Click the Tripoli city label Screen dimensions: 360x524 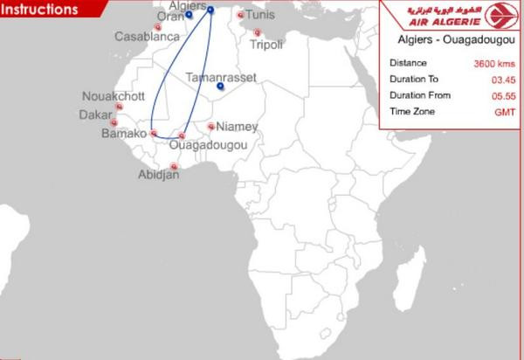pos(266,45)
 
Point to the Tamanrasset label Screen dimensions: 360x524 pos(222,77)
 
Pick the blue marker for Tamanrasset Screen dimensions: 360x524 pos(221,87)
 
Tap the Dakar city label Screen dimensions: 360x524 pos(96,114)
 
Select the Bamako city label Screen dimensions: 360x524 pos(123,134)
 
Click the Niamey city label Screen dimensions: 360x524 pos(237,127)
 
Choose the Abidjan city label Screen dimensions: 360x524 pos(158,175)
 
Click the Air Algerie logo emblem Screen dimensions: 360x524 pos(498,17)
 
